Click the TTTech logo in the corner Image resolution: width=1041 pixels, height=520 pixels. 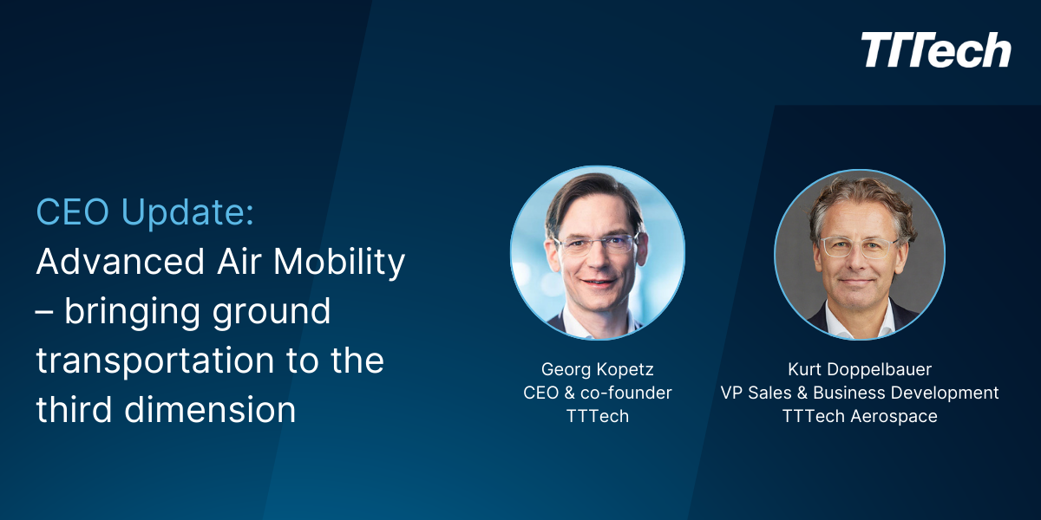pos(936,51)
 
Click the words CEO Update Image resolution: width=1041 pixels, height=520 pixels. pos(145,212)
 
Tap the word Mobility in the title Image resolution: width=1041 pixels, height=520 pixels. pos(346,262)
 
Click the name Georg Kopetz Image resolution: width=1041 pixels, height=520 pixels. pos(598,368)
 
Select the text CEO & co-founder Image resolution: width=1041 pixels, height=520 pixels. pos(598,393)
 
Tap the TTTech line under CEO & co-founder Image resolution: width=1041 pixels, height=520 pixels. pos(598,416)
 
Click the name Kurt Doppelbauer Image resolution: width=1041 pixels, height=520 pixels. pos(860,368)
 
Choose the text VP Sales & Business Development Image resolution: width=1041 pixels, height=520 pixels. pos(860,393)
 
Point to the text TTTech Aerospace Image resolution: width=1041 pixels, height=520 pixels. pos(860,416)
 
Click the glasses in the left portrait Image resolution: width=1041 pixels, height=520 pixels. pos(598,244)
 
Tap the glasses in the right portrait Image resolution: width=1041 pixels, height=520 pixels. pos(859,248)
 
